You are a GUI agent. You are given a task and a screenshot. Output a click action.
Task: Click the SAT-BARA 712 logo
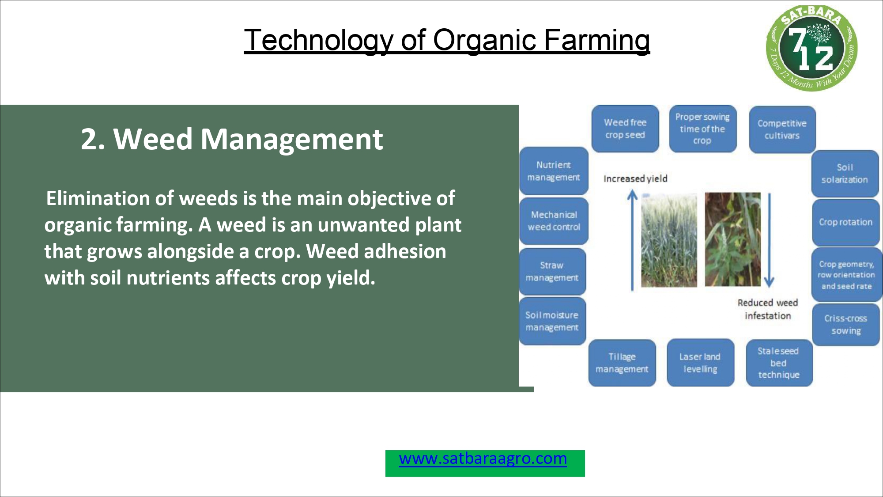[x=811, y=48]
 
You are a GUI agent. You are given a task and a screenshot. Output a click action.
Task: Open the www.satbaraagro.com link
[x=483, y=459]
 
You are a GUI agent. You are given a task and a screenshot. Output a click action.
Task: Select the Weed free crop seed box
[x=625, y=129]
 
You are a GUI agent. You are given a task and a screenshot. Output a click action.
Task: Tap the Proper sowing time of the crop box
[x=702, y=129]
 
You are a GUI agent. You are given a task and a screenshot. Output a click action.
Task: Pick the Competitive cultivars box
[x=782, y=129]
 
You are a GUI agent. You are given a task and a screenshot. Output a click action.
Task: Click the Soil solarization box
[x=845, y=174]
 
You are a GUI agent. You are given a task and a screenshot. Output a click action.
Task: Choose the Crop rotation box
[x=846, y=222]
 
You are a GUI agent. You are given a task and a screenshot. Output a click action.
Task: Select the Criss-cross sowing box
[x=846, y=324]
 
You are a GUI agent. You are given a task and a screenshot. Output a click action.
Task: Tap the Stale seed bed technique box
[x=779, y=363]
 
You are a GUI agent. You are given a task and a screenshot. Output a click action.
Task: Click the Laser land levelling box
[x=700, y=363]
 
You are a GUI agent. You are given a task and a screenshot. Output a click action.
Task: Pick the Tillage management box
[x=622, y=363]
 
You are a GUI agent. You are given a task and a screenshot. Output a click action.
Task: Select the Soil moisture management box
[x=552, y=321]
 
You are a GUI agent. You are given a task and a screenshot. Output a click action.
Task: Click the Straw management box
[x=552, y=271]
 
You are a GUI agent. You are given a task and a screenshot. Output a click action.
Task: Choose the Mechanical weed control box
[x=554, y=221]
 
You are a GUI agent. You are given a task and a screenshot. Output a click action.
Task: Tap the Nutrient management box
[x=554, y=171]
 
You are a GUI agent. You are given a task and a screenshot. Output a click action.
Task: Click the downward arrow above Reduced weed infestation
[x=769, y=240]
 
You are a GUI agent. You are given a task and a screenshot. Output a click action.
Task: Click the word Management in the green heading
[x=292, y=139]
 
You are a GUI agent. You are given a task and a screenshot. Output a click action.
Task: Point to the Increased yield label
[x=635, y=178]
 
